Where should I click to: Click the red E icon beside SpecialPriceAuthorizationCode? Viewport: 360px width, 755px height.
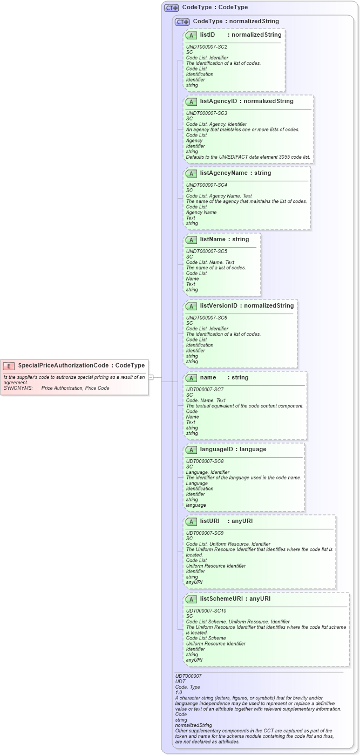9,365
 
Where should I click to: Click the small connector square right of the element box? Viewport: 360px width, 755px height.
151,377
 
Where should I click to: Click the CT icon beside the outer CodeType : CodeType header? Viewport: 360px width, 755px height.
172,8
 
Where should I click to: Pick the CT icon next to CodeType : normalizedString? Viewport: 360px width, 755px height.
182,22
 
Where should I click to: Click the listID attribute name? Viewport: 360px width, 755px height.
207,35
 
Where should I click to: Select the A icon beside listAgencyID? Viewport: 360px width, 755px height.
191,101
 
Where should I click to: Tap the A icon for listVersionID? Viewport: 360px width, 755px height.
191,306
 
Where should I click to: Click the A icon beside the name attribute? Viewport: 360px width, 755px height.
191,378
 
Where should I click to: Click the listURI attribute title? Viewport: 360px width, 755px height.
210,521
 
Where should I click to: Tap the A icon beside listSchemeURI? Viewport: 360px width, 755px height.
191,599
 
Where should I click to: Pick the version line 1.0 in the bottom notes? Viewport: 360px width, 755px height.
179,692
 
